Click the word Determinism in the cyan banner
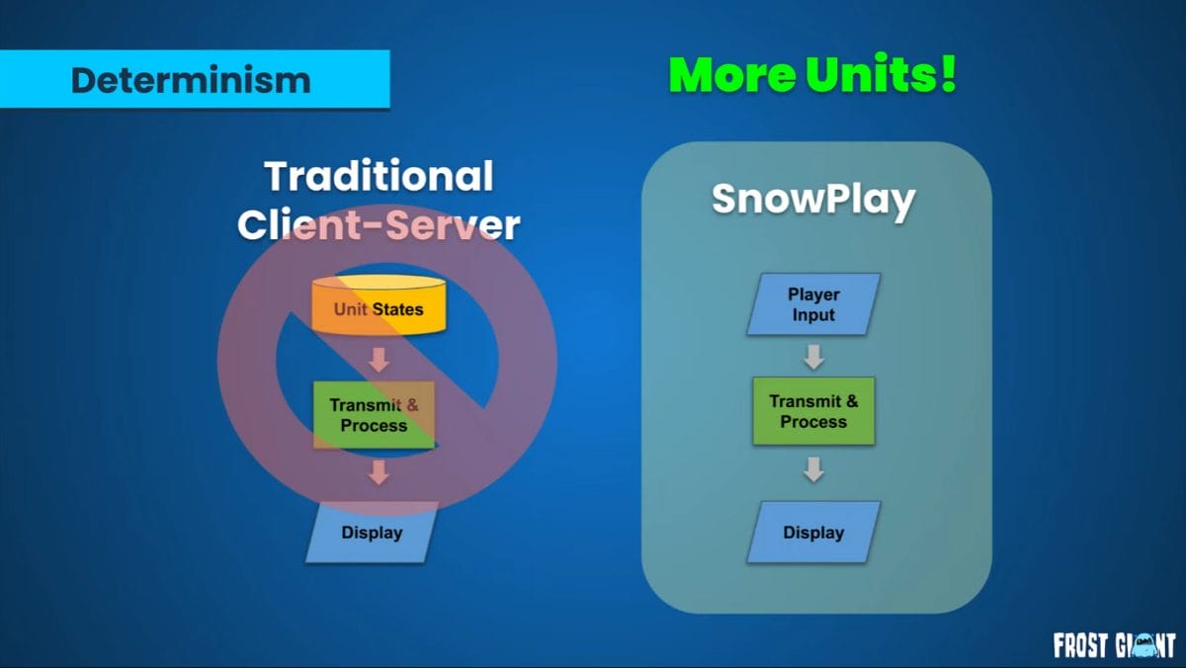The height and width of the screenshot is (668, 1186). tap(191, 80)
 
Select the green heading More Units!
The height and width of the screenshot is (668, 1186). tap(812, 74)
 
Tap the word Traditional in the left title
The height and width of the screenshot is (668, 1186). tap(379, 176)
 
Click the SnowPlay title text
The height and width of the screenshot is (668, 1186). tap(813, 200)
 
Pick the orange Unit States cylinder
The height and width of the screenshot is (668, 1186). tap(379, 305)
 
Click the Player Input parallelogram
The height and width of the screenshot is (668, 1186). tap(813, 303)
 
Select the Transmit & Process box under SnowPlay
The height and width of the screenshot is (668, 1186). tap(813, 411)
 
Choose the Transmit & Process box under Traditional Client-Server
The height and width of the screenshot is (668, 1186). tap(374, 415)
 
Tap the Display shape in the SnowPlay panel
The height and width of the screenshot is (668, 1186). tap(813, 532)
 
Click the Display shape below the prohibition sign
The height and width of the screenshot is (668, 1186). tap(372, 532)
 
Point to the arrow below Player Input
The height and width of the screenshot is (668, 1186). tap(813, 357)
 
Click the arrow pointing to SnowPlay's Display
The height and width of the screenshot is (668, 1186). tap(813, 469)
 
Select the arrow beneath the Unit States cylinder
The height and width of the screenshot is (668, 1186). tap(380, 360)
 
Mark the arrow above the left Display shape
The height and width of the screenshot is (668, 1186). tap(380, 472)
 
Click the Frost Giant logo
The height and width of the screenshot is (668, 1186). tap(1114, 645)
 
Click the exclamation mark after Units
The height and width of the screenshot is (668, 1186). tap(948, 73)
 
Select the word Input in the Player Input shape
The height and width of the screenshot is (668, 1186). tap(813, 315)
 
